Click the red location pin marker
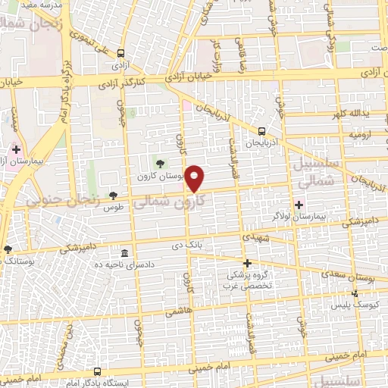point(195,179)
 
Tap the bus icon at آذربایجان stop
point(261,130)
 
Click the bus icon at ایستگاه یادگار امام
point(96,371)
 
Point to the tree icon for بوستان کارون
point(159,163)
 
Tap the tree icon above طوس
point(114,195)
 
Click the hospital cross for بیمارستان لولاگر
point(299,204)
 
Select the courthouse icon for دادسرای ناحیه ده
point(124,252)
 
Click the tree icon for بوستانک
point(8,249)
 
